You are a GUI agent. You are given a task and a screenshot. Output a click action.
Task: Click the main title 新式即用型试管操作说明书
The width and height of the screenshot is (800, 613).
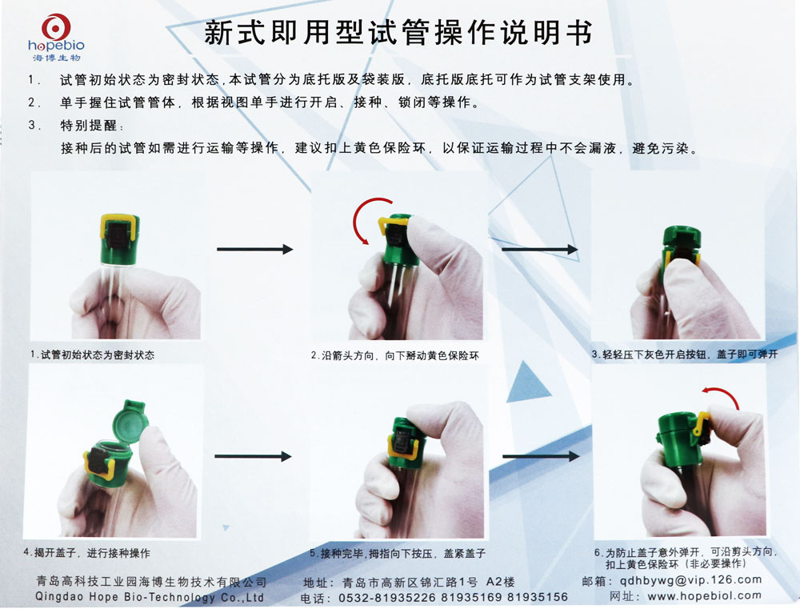click(398, 33)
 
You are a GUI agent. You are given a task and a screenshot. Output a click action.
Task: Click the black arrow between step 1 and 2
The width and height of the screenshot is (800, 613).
click(254, 250)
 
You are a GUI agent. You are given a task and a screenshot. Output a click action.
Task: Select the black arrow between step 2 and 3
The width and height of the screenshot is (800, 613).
click(539, 250)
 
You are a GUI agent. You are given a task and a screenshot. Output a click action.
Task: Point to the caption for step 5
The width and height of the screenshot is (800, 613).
click(397, 553)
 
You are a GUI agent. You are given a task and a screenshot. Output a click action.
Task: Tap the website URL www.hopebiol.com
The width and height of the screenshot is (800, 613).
click(703, 595)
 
